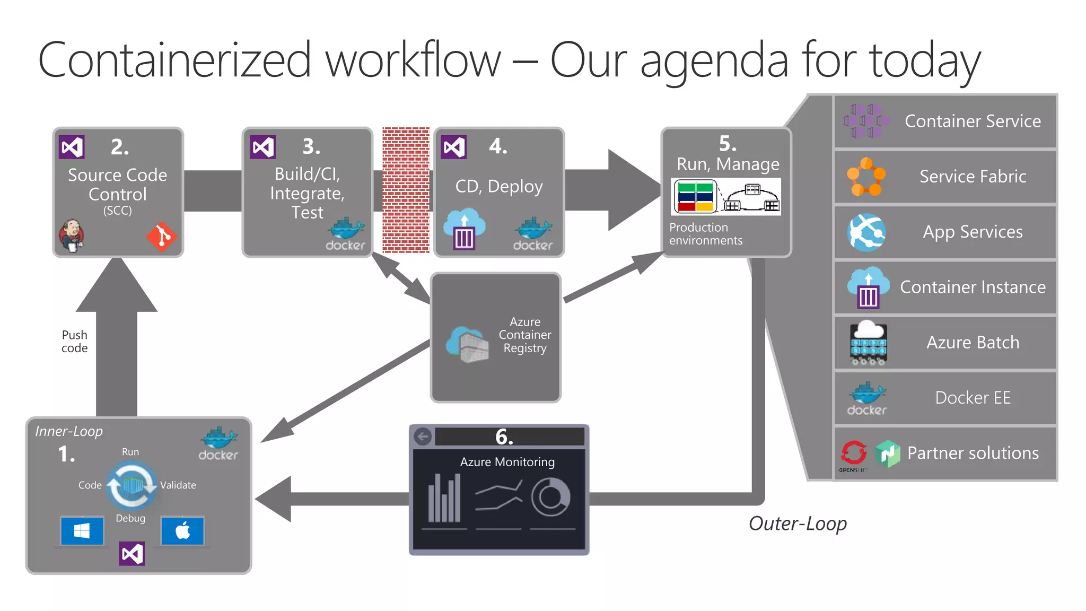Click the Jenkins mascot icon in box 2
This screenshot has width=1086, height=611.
tap(71, 235)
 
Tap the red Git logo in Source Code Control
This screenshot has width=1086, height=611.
tap(162, 237)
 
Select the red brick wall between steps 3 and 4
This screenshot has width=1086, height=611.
tap(406, 190)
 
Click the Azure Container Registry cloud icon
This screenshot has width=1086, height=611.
tap(467, 344)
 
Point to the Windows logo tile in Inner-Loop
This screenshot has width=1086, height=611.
tap(82, 531)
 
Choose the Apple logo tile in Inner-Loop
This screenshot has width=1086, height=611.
tap(182, 531)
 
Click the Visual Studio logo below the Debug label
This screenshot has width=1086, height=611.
tap(132, 553)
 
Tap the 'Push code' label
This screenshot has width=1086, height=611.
tap(74, 342)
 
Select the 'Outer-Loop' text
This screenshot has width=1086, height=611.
tap(797, 523)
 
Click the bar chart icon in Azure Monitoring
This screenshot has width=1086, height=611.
tap(444, 499)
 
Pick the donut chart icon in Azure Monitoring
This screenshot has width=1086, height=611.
tap(550, 497)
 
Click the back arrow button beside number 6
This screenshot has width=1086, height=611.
tap(423, 437)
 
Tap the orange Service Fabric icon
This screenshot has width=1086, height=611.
tap(866, 177)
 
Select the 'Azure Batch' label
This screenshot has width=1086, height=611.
tap(973, 343)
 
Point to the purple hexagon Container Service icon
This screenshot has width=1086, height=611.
tap(866, 121)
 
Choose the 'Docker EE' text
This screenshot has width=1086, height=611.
tap(973, 398)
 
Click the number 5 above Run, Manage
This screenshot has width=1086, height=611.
tap(728, 144)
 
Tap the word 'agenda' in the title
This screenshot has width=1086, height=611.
tap(714, 62)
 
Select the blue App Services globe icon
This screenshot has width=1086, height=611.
tap(866, 232)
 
